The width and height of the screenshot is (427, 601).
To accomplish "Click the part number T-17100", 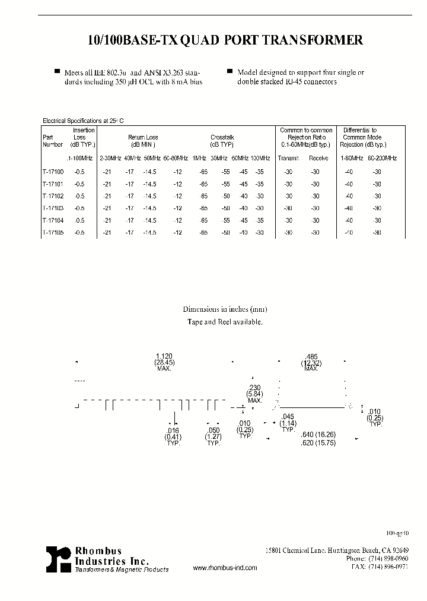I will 53,172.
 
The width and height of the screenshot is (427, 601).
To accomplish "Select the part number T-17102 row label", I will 53,196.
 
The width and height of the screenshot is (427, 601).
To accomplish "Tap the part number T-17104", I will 53,220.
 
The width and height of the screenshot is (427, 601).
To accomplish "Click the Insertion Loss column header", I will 84,137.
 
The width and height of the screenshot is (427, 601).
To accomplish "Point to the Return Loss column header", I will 143,137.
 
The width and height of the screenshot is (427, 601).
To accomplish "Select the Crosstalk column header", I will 222,137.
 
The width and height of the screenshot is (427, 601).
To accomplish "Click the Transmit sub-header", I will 289,158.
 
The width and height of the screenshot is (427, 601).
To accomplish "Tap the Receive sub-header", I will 318,158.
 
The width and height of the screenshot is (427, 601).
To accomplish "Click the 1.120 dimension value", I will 164,356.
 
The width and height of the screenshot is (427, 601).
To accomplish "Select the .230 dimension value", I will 254,387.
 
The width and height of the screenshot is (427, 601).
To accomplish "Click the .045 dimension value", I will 288,416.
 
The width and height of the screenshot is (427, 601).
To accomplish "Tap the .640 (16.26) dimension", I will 321,434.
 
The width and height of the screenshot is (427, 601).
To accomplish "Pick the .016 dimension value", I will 173,431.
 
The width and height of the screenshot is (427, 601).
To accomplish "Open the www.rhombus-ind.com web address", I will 225,568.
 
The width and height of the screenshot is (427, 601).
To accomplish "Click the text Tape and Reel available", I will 225,321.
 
